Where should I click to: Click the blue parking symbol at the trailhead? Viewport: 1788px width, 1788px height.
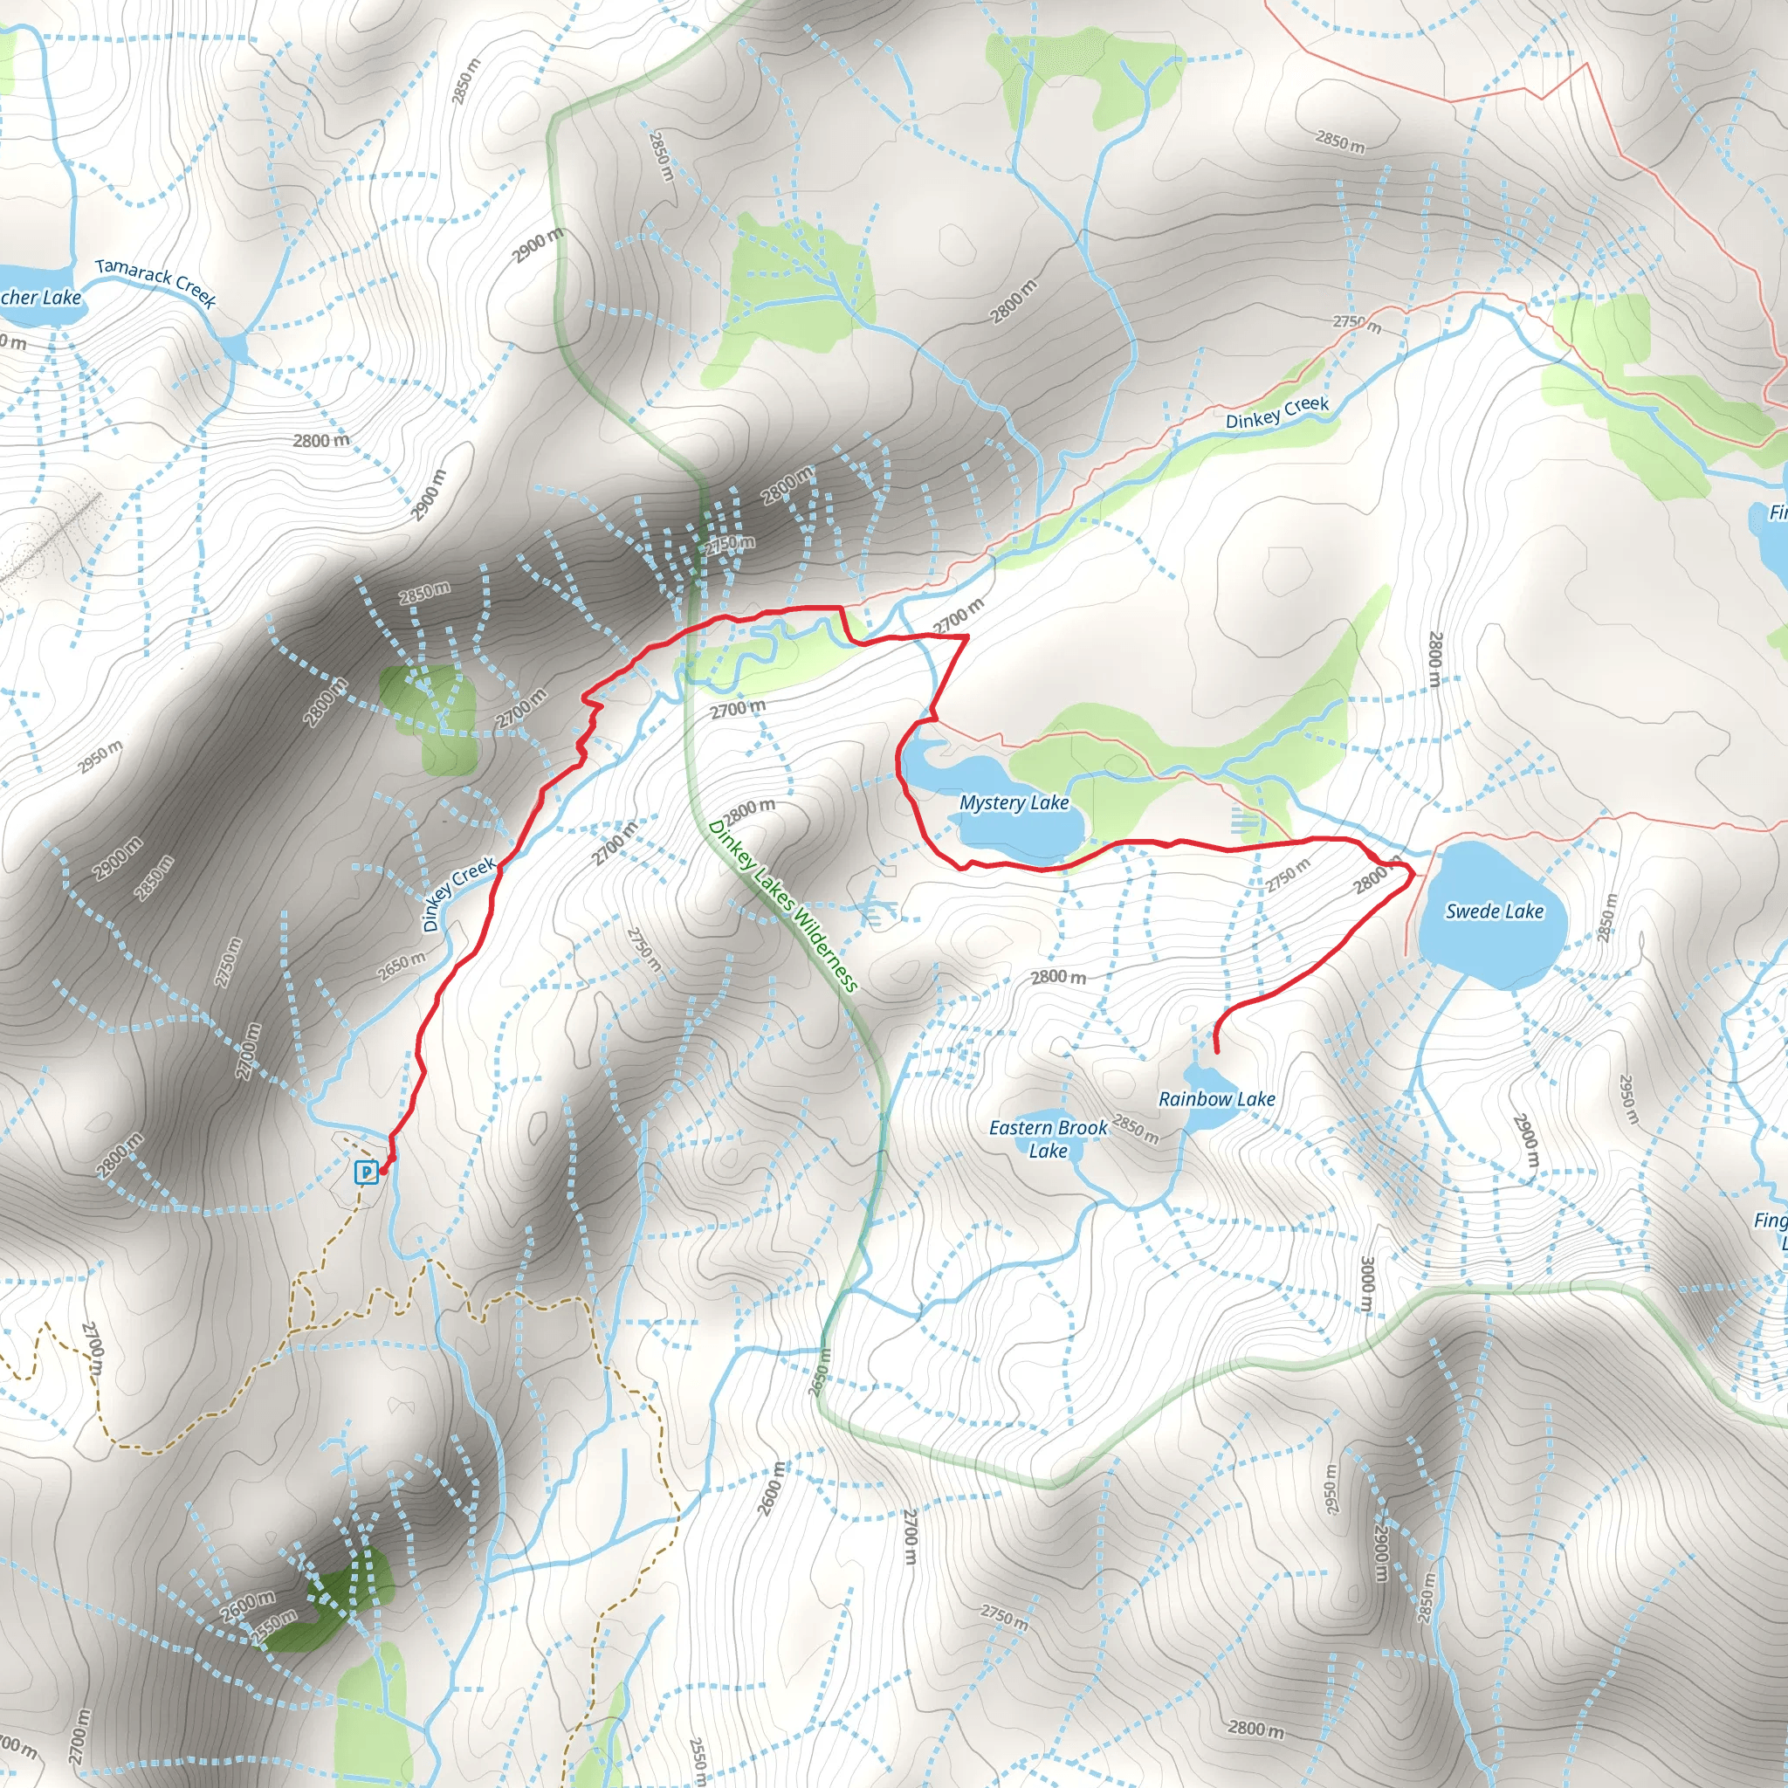coord(367,1173)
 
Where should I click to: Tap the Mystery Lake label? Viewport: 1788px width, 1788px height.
coord(1014,802)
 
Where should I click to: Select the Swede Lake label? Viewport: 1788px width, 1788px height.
coord(1494,911)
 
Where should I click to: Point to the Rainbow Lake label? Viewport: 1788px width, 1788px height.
coord(1216,1099)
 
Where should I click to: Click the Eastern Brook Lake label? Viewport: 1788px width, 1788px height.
coord(1048,1139)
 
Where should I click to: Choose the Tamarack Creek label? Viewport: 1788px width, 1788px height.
coord(155,282)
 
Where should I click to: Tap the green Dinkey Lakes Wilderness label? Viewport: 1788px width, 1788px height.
coord(783,907)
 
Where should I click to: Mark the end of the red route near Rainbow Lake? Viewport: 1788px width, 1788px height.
coord(1216,1051)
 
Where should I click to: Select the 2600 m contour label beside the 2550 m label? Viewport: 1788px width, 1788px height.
coord(247,1606)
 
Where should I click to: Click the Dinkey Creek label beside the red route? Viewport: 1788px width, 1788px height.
coord(458,894)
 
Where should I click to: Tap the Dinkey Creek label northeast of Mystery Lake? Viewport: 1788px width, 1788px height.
coord(1276,413)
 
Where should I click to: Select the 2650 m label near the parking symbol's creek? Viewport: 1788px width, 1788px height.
coord(401,967)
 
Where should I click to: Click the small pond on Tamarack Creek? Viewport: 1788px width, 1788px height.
coord(236,347)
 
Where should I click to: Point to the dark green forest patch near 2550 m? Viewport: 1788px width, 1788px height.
coord(342,1597)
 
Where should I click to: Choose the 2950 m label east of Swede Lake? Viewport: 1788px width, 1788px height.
coord(1628,1098)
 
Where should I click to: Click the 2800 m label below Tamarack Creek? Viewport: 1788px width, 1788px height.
coord(321,441)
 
